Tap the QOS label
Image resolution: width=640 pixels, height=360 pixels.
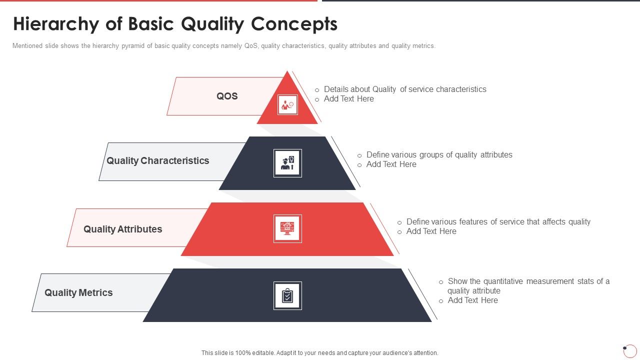point(227,96)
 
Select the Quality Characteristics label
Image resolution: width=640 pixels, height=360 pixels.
point(158,161)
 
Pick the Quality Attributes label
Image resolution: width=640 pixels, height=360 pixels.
point(123,229)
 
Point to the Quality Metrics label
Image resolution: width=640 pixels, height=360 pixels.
point(78,293)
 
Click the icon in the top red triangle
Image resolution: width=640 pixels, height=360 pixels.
point(287,105)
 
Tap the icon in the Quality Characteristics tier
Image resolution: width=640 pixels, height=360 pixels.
point(287,163)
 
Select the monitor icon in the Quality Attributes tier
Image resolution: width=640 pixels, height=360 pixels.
point(287,228)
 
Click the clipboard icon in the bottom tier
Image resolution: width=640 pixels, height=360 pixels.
point(287,295)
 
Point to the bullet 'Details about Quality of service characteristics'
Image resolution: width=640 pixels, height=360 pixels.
point(405,89)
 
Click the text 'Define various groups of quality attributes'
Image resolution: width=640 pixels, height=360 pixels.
point(439,155)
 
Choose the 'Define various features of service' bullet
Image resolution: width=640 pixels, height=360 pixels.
point(498,222)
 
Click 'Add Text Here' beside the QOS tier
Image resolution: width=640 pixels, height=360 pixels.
point(348,99)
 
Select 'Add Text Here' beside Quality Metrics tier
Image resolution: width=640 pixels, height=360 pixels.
point(472,300)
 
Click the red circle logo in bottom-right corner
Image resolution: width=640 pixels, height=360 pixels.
point(630,350)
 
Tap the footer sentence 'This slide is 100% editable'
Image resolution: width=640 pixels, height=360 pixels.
point(319,353)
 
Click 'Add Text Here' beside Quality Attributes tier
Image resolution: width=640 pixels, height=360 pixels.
point(431,231)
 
